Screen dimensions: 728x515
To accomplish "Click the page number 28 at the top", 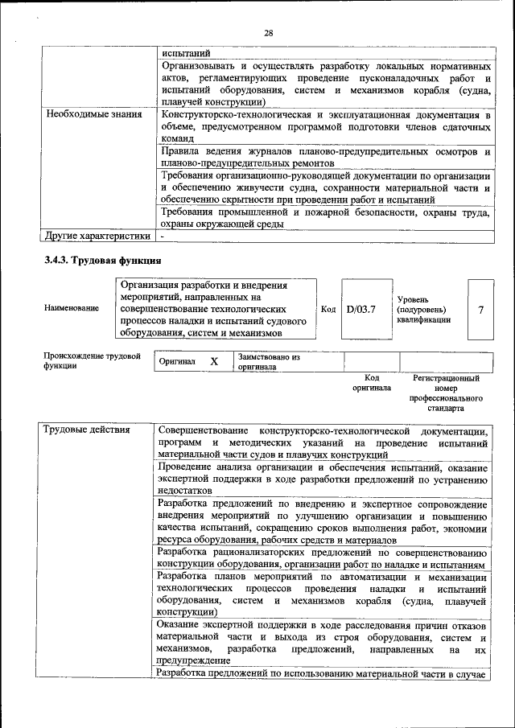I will [x=268, y=33].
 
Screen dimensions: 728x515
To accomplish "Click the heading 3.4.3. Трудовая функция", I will [x=102, y=261].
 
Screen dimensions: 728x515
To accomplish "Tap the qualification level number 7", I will [x=480, y=309].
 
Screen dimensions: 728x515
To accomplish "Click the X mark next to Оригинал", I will [x=214, y=362].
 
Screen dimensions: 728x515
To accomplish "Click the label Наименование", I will [x=72, y=309].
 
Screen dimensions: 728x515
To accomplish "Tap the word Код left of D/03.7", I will [x=328, y=309].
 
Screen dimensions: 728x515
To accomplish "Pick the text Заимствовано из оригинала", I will [x=268, y=361].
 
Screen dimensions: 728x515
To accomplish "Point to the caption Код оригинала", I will [x=371, y=382].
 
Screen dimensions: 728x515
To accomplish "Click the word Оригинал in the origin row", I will [x=177, y=363].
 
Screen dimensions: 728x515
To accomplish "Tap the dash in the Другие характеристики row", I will [x=162, y=236].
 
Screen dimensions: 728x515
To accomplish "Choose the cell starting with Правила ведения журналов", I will [x=325, y=157].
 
